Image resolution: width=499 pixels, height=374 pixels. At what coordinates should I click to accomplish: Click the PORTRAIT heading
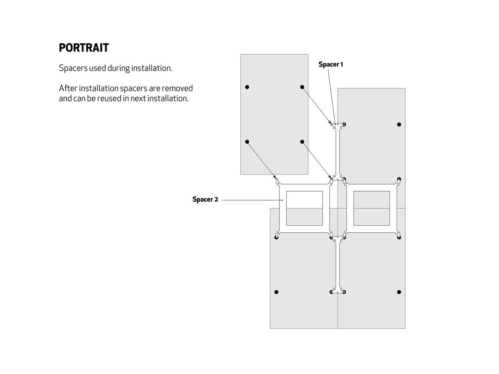click(84, 48)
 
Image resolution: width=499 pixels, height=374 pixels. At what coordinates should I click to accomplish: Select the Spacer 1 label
click(331, 64)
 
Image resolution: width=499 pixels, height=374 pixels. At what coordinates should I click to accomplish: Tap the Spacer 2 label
click(205, 199)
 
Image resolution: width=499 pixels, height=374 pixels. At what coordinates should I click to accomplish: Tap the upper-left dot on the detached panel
click(247, 87)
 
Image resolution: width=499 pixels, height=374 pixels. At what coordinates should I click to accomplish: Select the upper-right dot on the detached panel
click(302, 87)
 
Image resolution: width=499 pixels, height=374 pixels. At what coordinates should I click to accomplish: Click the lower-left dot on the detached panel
click(247, 142)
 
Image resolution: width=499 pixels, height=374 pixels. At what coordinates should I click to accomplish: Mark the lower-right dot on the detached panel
click(302, 142)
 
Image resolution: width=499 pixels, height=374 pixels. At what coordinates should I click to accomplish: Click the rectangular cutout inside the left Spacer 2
click(304, 208)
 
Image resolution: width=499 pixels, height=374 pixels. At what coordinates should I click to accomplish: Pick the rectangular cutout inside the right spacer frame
click(371, 208)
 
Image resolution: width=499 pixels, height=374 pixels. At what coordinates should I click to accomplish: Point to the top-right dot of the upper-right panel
click(399, 124)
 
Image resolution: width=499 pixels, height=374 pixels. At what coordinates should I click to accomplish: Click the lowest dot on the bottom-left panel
click(277, 292)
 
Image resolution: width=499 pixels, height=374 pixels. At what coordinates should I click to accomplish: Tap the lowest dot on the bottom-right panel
click(399, 292)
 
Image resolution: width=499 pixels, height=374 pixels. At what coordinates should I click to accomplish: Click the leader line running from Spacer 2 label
click(252, 200)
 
